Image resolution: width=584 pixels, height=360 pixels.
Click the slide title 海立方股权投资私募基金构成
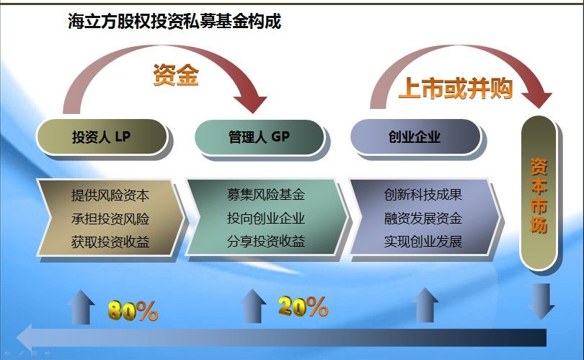pyautogui.click(x=174, y=21)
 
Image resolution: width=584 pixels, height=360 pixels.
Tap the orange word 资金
pyautogui.click(x=176, y=75)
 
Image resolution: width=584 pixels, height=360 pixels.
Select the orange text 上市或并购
pyautogui.click(x=456, y=89)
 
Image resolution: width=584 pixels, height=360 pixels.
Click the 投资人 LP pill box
pyautogui.click(x=102, y=137)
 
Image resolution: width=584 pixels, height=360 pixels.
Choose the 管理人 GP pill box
pyautogui.click(x=260, y=137)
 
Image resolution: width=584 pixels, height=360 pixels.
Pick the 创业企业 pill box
pyautogui.click(x=415, y=137)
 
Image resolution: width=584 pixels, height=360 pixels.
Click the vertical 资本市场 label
pyautogui.click(x=539, y=196)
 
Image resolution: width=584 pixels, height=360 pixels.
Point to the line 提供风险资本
pyautogui.click(x=110, y=196)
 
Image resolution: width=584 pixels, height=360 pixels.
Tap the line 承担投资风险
pyautogui.click(x=110, y=219)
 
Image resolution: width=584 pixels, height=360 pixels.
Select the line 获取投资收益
pyautogui.click(x=110, y=242)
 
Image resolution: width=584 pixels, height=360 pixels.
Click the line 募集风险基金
pyautogui.click(x=266, y=195)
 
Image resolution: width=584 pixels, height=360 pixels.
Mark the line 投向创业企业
pyautogui.click(x=266, y=218)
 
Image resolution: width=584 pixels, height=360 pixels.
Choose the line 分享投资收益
pyautogui.click(x=266, y=242)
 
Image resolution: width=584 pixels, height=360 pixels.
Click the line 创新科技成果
pyautogui.click(x=423, y=195)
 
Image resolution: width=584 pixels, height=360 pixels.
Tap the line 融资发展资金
pyautogui.click(x=423, y=218)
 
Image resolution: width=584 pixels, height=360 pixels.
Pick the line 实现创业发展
pyautogui.click(x=423, y=242)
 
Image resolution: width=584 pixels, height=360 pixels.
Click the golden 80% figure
pyautogui.click(x=133, y=311)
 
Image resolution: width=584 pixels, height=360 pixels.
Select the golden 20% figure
pyautogui.click(x=303, y=307)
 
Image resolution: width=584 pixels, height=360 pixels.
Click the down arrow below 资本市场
pyautogui.click(x=541, y=301)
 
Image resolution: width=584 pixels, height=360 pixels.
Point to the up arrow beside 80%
pyautogui.click(x=81, y=307)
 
